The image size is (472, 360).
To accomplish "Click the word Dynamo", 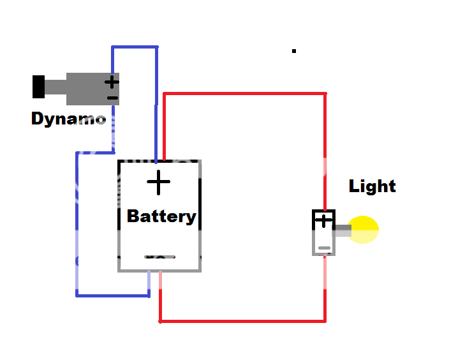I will pos(68,119).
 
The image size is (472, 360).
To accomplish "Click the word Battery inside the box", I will pos(161,216).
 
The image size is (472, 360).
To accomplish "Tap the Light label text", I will pos(372,186).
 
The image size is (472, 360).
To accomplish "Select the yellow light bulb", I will pos(365,230).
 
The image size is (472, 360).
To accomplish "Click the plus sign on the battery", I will pos(159,183).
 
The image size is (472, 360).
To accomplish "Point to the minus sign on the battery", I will pos(159,257).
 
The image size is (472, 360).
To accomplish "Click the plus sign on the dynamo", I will pos(112,82).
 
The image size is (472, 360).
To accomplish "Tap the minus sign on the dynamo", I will pos(112,98).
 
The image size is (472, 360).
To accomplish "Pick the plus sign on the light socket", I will pos(325,221).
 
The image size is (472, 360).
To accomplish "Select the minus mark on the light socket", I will pos(325,248).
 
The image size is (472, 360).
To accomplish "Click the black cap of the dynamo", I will pos(39,87).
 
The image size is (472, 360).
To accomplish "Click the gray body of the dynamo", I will pos(86,88).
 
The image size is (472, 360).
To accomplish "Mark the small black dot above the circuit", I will pos(293,50).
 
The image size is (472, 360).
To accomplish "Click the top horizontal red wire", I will pos(245,94).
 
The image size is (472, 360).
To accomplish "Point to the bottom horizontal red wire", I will pos(242,320).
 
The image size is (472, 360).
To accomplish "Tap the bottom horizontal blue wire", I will pos(112,295).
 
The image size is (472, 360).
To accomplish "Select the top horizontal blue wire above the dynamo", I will pos(135,47).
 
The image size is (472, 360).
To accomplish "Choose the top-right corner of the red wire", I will pos(325,94).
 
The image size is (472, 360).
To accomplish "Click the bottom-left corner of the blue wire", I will pos(77,295).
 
